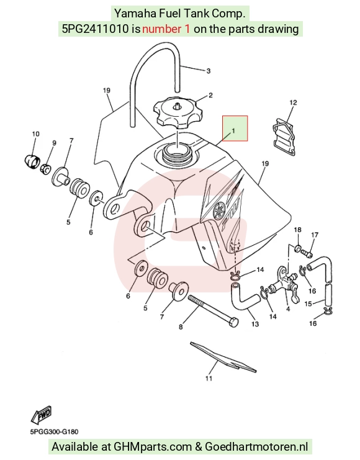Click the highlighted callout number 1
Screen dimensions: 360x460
tap(233, 130)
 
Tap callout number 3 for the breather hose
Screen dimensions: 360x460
tap(209, 71)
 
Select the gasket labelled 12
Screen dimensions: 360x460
tap(284, 135)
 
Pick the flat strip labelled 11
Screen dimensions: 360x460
tap(223, 357)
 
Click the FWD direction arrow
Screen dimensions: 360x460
tap(42, 415)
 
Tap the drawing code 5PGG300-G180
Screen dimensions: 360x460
tap(54, 432)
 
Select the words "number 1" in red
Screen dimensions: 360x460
tap(166, 29)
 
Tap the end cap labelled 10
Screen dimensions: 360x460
tap(32, 160)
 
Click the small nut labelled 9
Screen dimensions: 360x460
tap(46, 169)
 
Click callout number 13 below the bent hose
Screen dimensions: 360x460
tap(255, 324)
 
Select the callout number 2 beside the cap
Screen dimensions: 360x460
tap(210, 96)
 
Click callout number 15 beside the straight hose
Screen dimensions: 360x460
tap(308, 304)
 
